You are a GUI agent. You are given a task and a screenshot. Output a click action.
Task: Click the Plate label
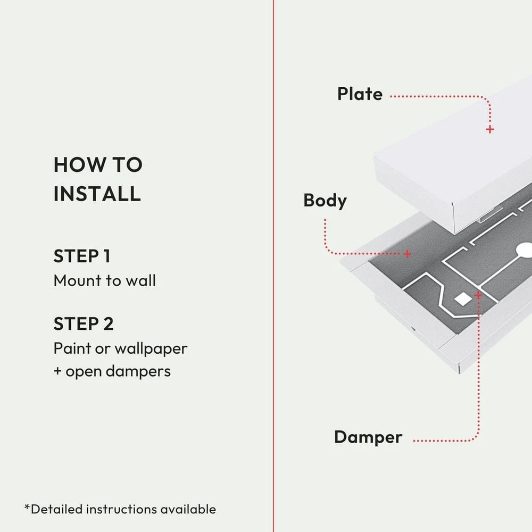click(360, 94)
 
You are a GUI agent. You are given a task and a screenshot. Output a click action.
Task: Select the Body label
click(325, 201)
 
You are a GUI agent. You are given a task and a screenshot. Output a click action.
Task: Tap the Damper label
click(368, 437)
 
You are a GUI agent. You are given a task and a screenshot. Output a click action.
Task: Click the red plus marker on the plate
click(490, 129)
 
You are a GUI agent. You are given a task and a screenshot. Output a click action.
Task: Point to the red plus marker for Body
click(407, 254)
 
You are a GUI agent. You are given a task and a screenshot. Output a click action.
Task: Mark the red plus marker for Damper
click(478, 295)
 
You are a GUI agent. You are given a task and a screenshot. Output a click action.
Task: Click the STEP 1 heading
click(82, 256)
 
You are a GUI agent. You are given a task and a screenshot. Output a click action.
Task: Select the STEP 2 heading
click(84, 323)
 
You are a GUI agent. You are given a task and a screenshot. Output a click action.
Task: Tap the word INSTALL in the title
click(97, 193)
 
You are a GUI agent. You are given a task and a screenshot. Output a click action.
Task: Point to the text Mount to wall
click(104, 280)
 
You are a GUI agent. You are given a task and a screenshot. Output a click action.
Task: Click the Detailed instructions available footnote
click(120, 509)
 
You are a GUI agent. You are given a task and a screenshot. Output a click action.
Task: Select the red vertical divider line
click(273, 266)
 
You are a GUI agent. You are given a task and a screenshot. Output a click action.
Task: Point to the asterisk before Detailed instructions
click(27, 508)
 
